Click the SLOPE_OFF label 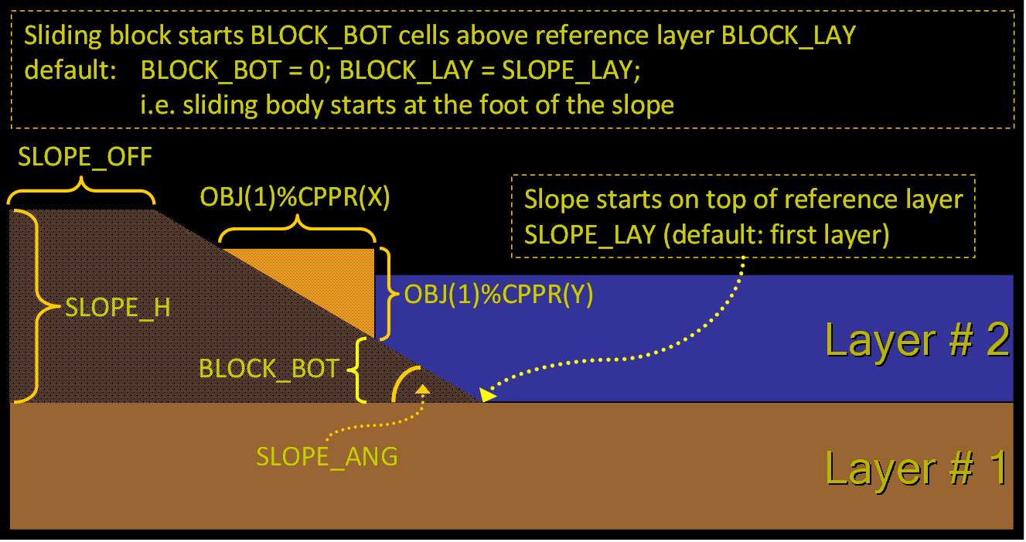[x=85, y=157]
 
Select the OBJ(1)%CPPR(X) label [x=295, y=198]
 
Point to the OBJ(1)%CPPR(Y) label [x=499, y=295]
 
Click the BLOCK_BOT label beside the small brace [x=269, y=368]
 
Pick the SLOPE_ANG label [x=327, y=456]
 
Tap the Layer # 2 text [x=917, y=340]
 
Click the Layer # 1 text [x=917, y=468]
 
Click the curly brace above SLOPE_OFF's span [x=81, y=186]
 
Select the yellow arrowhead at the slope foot [x=487, y=395]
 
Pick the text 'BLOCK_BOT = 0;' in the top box [x=235, y=70]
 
